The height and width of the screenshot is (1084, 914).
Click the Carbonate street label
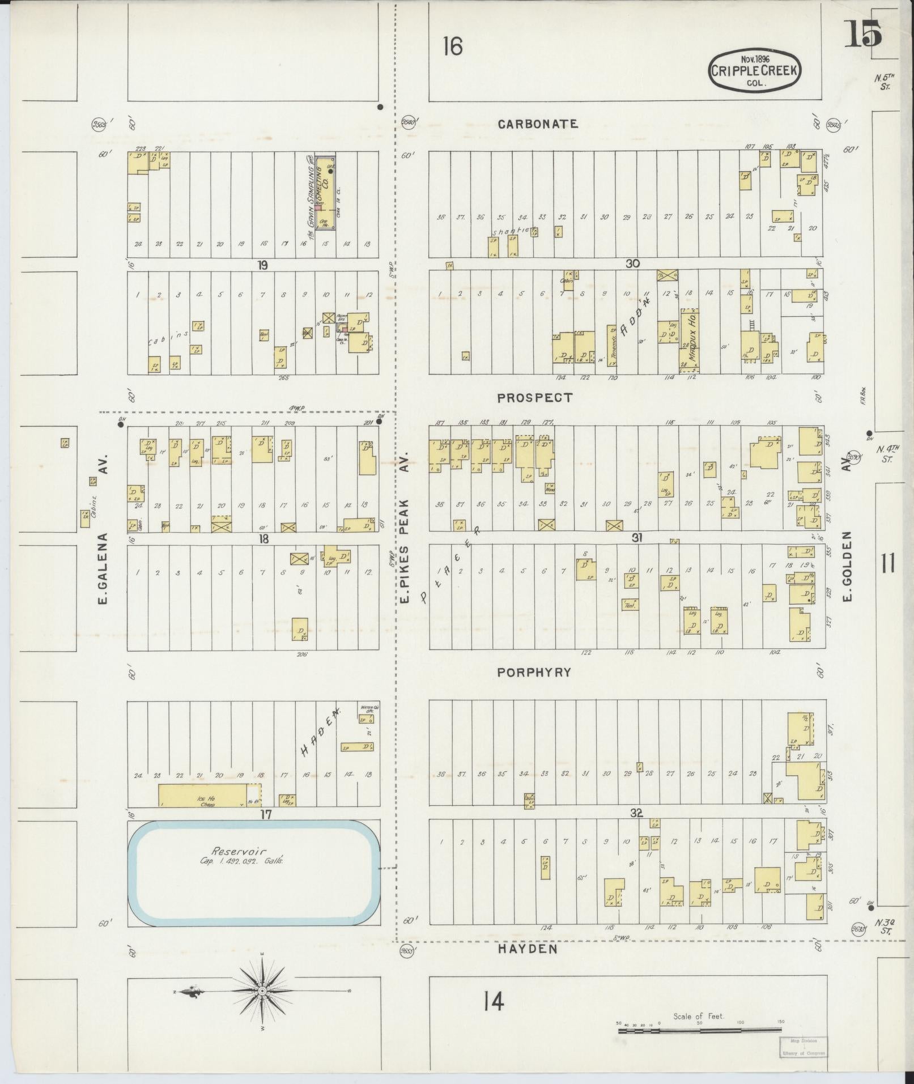[538, 124]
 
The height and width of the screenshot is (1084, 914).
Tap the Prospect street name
[535, 398]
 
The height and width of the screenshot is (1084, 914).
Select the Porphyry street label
[534, 673]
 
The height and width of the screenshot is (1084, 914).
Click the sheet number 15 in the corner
[863, 34]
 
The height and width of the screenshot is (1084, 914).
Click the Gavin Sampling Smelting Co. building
[325, 193]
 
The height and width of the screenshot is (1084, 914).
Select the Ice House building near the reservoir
[203, 796]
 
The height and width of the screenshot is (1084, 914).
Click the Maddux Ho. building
[690, 340]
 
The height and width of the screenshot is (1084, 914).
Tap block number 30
[632, 263]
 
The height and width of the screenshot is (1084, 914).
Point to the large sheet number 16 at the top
[453, 46]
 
